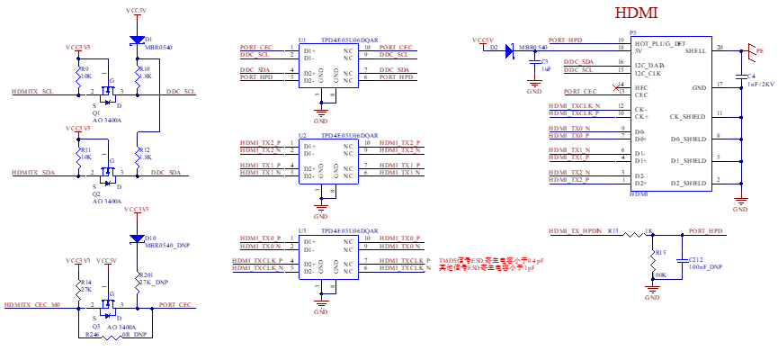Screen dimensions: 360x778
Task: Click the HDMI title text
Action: pyautogui.click(x=638, y=13)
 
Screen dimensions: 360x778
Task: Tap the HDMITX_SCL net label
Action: pyautogui.click(x=33, y=92)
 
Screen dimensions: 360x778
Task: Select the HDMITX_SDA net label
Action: pyautogui.click(x=33, y=172)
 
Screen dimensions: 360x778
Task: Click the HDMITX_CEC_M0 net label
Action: pyautogui.click(x=32, y=305)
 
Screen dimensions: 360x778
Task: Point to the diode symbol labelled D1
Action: pyautogui.click(x=137, y=40)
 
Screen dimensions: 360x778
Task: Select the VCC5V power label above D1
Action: pyautogui.click(x=137, y=11)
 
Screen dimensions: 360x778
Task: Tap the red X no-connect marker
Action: pyautogui.click(x=616, y=88)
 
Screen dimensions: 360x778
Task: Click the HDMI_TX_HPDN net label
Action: pyautogui.click(x=576, y=231)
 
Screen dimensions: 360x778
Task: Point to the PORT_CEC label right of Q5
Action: pyautogui.click(x=176, y=305)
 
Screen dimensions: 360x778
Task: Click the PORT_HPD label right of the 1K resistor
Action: pyautogui.click(x=706, y=231)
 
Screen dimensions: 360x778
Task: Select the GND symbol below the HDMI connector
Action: pyautogui.click(x=740, y=202)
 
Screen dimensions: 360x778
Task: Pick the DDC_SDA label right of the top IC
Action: pyautogui.click(x=395, y=69)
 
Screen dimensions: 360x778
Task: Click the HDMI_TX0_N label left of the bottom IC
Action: pyautogui.click(x=261, y=246)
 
